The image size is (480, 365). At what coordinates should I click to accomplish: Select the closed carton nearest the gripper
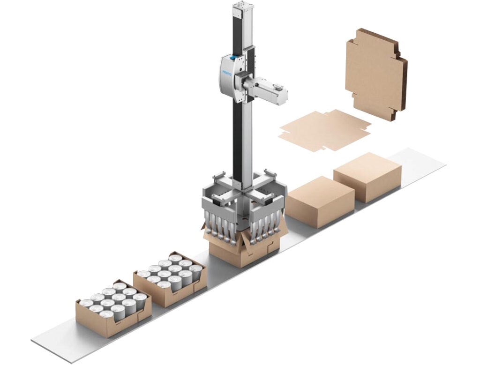320,201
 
